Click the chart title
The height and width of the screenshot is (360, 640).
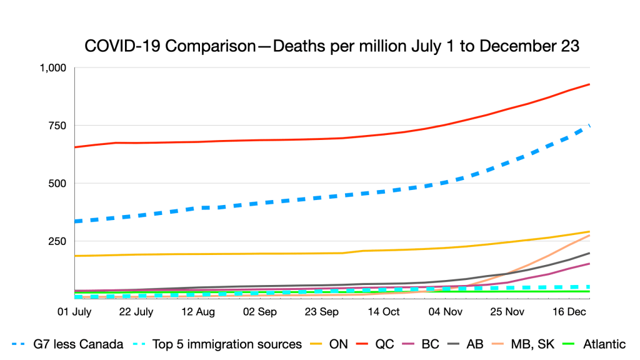pos(331,46)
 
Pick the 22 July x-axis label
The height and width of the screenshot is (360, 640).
pos(135,311)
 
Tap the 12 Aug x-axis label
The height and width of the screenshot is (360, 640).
pos(197,311)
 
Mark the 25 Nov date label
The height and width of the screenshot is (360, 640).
pos(506,311)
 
